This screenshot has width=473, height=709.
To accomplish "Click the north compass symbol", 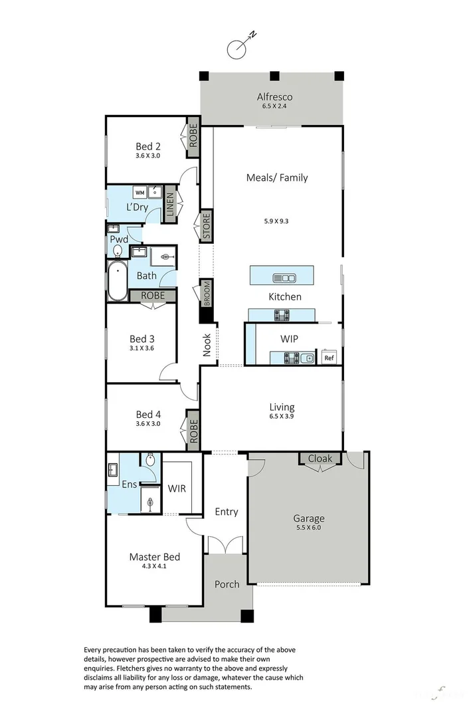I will coord(238,47).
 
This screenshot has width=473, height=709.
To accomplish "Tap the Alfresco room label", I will coord(274,97).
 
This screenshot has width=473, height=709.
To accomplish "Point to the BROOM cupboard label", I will coord(207,293).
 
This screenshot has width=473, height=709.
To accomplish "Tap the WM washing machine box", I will coord(140,193).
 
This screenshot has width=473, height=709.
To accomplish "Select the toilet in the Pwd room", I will coord(118,251).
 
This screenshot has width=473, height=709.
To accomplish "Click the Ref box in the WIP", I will coord(328,358).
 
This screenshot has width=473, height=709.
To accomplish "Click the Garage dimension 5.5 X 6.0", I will coord(310,528).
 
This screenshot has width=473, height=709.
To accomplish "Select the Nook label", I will coord(207,345).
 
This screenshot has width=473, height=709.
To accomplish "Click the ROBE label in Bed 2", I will coord(193,137).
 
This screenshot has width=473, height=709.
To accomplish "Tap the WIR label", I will coord(177,488).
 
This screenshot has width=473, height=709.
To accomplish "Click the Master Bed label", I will coord(154,557).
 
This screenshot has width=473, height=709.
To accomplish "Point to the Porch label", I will coord(227,584).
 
